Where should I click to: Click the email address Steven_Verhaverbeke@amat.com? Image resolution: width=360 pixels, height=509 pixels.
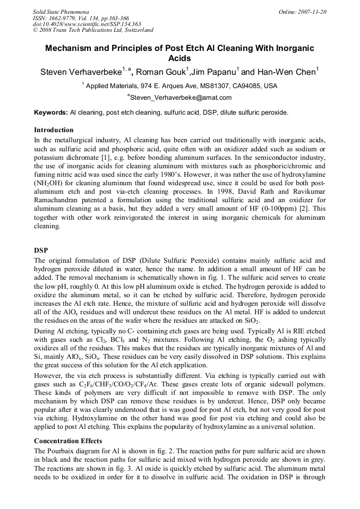(x=181, y=98)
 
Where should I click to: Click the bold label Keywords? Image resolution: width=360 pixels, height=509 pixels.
(x=51, y=113)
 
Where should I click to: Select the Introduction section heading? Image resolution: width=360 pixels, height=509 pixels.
(x=54, y=130)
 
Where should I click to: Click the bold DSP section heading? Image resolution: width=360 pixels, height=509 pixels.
(x=41, y=250)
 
